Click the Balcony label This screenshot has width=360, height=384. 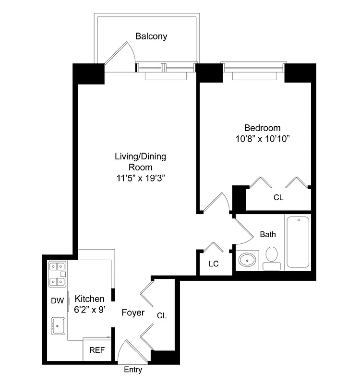pos(151,36)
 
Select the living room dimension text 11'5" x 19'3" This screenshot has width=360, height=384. pos(140,178)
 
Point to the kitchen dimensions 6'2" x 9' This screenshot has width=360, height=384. pos(90,310)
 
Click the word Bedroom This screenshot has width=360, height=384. pos(262,128)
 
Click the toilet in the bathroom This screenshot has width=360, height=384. pos(272,257)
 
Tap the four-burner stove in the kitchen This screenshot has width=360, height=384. pos(57,274)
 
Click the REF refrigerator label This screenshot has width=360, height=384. pos(97,350)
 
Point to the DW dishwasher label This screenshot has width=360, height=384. pos(57,300)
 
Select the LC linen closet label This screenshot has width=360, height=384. pos(214,264)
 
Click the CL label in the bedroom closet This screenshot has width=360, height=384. pos(278,197)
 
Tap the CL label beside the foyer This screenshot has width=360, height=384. pos(162,315)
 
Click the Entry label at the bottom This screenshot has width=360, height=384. pos(133,370)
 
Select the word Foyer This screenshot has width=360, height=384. pos(133,312)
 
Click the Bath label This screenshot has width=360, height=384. pos(268,234)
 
